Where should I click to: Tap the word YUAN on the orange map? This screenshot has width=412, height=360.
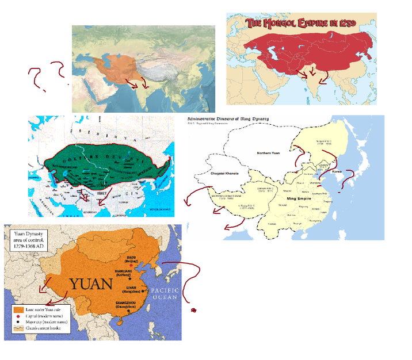pos(94,284)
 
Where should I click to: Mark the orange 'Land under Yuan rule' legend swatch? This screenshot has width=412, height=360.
pos(19,309)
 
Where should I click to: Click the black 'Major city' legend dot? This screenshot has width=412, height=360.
pos(19,323)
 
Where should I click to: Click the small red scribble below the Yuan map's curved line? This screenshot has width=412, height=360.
pos(194,311)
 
